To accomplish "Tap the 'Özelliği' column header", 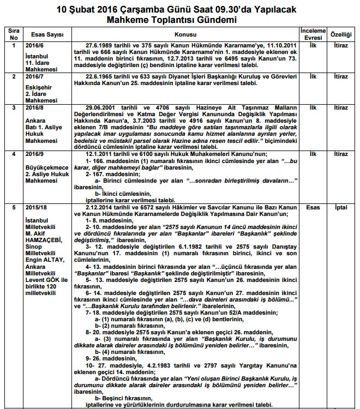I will click(341, 34).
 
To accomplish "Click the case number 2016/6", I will click(34, 45).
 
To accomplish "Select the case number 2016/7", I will click(34, 77).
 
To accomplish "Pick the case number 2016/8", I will click(34, 108).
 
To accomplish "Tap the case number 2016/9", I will click(34, 154).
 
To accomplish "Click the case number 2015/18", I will click(35, 208).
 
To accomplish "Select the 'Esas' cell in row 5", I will click(313, 208).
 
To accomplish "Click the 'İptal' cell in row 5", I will click(341, 208).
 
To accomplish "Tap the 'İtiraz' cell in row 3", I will click(341, 108).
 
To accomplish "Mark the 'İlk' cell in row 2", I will click(313, 77).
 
